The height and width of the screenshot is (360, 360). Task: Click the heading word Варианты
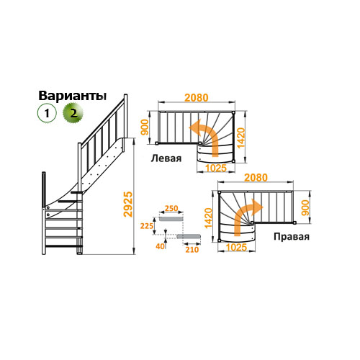(x=73, y=96)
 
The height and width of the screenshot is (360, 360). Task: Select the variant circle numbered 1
(x=47, y=113)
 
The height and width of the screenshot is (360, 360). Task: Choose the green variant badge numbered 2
(x=73, y=113)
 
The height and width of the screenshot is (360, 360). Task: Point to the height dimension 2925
(x=127, y=204)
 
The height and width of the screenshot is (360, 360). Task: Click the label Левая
(x=166, y=158)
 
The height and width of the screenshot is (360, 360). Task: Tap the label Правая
(x=292, y=237)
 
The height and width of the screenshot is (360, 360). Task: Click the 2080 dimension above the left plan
(x=197, y=98)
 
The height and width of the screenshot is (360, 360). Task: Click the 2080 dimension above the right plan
(x=256, y=178)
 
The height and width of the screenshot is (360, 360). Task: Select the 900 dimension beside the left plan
(x=145, y=127)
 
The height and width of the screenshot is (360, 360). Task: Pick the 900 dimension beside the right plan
(x=305, y=208)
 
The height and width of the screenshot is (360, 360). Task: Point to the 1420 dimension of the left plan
(x=240, y=138)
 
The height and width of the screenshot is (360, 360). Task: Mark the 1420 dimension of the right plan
(x=208, y=218)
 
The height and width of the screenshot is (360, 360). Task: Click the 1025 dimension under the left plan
(x=216, y=168)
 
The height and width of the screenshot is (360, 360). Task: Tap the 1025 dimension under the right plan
(x=236, y=247)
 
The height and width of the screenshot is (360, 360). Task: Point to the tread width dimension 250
(x=171, y=208)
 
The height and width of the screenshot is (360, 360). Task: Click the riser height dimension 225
(x=147, y=226)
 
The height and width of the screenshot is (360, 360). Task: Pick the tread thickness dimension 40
(x=161, y=246)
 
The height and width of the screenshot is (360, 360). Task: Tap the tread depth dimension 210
(x=192, y=250)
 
